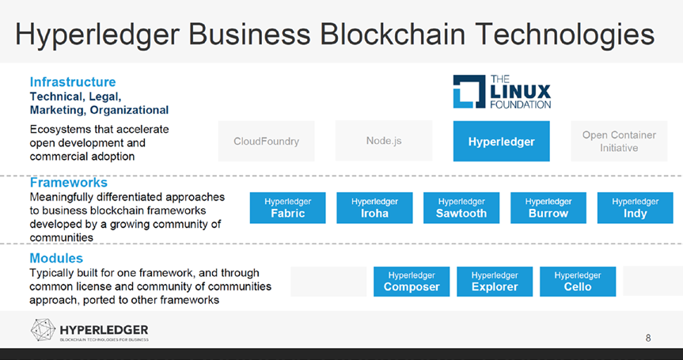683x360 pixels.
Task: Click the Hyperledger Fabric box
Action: pos(287,207)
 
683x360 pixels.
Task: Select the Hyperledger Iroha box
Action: pos(374,207)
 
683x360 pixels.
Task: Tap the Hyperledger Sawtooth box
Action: pos(461,207)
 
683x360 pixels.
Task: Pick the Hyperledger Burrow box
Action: pos(548,207)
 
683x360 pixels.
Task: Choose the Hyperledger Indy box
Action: pos(636,207)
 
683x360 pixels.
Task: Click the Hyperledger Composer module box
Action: pos(412,281)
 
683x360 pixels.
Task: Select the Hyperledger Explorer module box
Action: pos(495,281)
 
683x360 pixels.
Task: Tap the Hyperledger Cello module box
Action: pos(578,281)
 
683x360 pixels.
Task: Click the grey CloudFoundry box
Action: pos(267,141)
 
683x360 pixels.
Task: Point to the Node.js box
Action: pos(384,141)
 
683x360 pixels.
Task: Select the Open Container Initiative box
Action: pos(619,141)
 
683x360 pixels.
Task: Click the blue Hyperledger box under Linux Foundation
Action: pos(502,142)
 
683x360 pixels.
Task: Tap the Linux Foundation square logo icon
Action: pos(468,92)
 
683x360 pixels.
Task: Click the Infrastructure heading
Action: pos(73,81)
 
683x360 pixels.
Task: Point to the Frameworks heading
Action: pos(68,183)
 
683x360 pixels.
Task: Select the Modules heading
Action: pos(56,259)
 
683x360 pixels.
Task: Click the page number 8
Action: pos(648,339)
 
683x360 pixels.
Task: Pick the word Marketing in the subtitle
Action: pos(57,109)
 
